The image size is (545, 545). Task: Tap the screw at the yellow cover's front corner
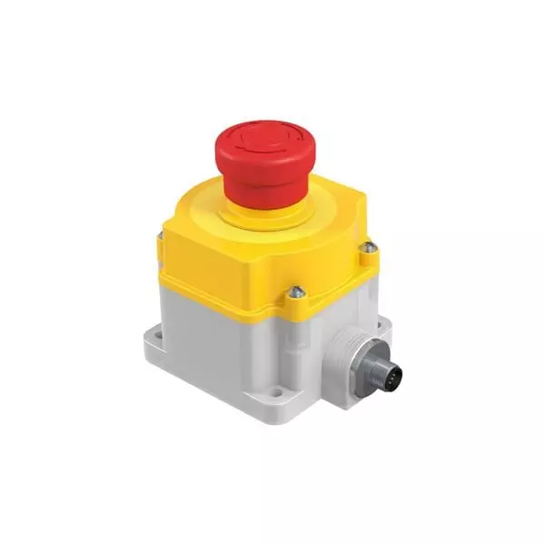(294, 292)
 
